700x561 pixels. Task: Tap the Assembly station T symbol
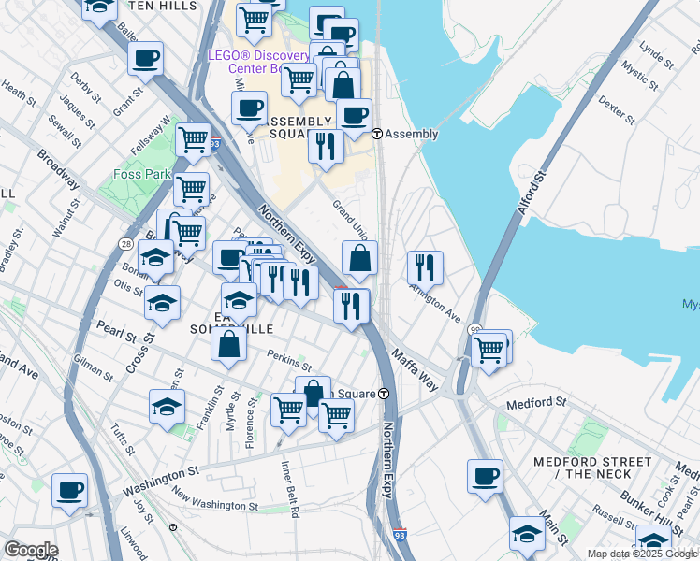(x=377, y=134)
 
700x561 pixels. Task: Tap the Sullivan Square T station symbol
(x=385, y=394)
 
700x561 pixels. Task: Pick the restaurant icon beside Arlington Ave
(x=425, y=266)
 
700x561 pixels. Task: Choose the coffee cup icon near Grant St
(x=146, y=59)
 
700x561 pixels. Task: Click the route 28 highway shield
(x=125, y=243)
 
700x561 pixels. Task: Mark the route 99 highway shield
(x=474, y=329)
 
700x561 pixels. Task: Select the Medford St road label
(x=536, y=405)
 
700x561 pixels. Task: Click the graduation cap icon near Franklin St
(x=167, y=406)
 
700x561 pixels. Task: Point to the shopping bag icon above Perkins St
(x=229, y=343)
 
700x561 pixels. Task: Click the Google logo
(x=30, y=549)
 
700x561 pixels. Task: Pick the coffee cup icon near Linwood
(x=69, y=489)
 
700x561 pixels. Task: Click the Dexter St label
(x=616, y=108)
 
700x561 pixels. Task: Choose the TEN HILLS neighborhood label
(x=165, y=6)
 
